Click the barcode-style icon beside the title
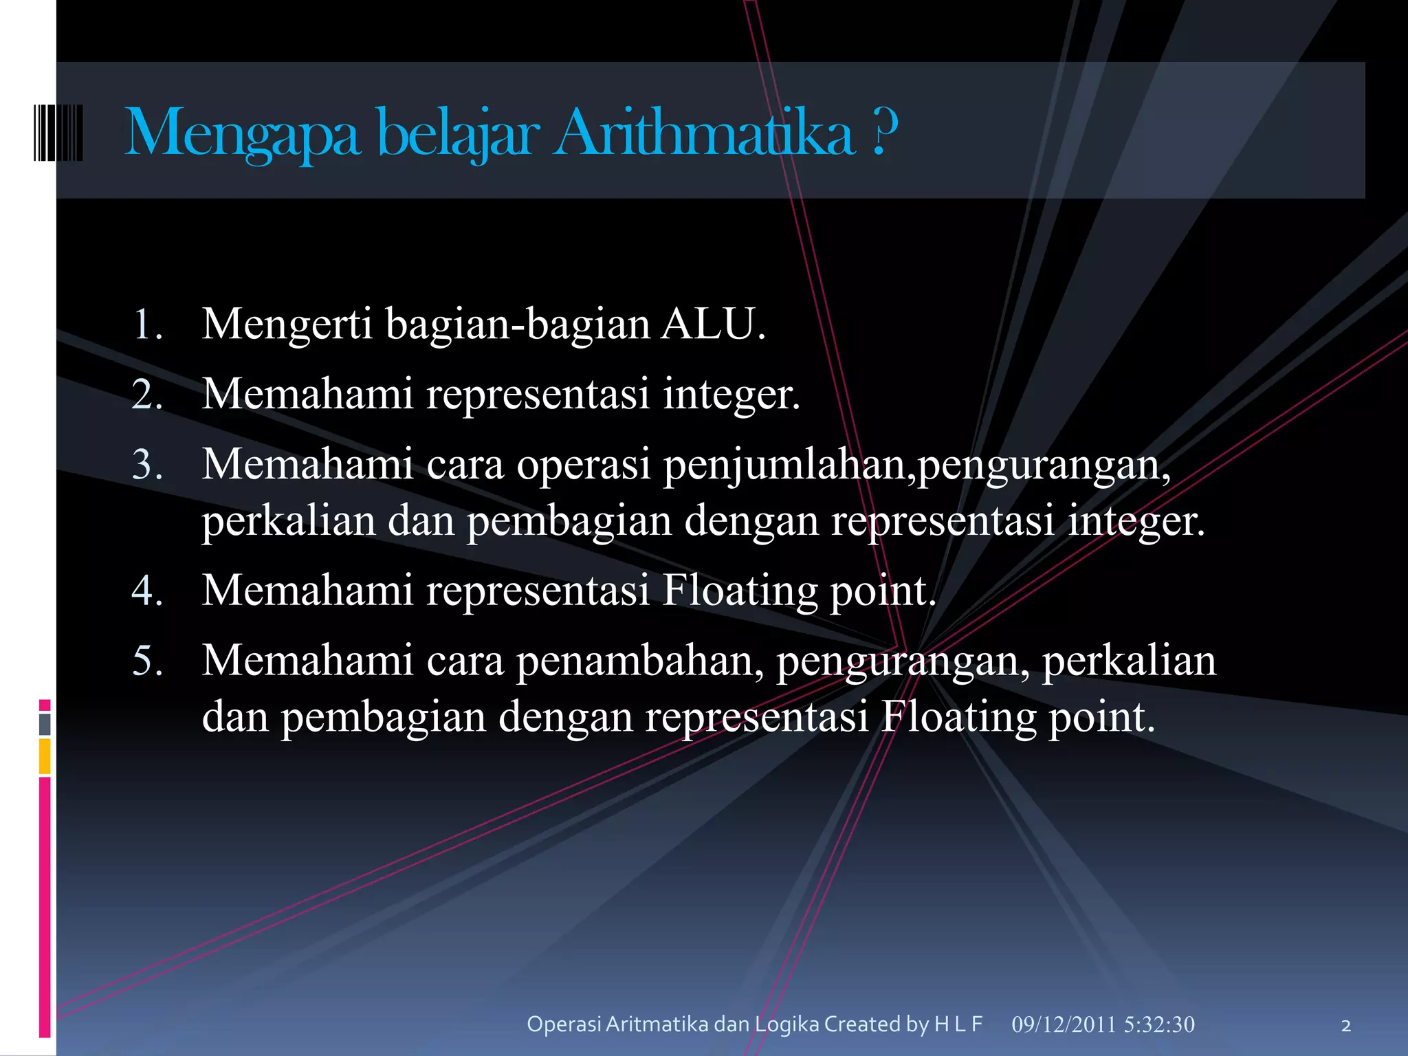click(x=58, y=133)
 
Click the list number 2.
click(x=147, y=395)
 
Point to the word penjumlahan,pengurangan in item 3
click(x=916, y=465)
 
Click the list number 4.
click(x=147, y=591)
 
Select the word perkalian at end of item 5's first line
click(x=1129, y=661)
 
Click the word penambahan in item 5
click(x=639, y=661)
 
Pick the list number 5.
click(x=147, y=661)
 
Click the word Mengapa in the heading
click(x=242, y=133)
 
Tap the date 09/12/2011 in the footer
click(x=1063, y=1024)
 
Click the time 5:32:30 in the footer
click(x=1159, y=1024)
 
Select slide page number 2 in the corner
click(x=1345, y=1026)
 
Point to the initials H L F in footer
click(x=958, y=1024)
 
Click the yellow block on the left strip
click(x=45, y=756)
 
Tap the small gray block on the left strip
click(x=45, y=724)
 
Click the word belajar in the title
click(x=458, y=133)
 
